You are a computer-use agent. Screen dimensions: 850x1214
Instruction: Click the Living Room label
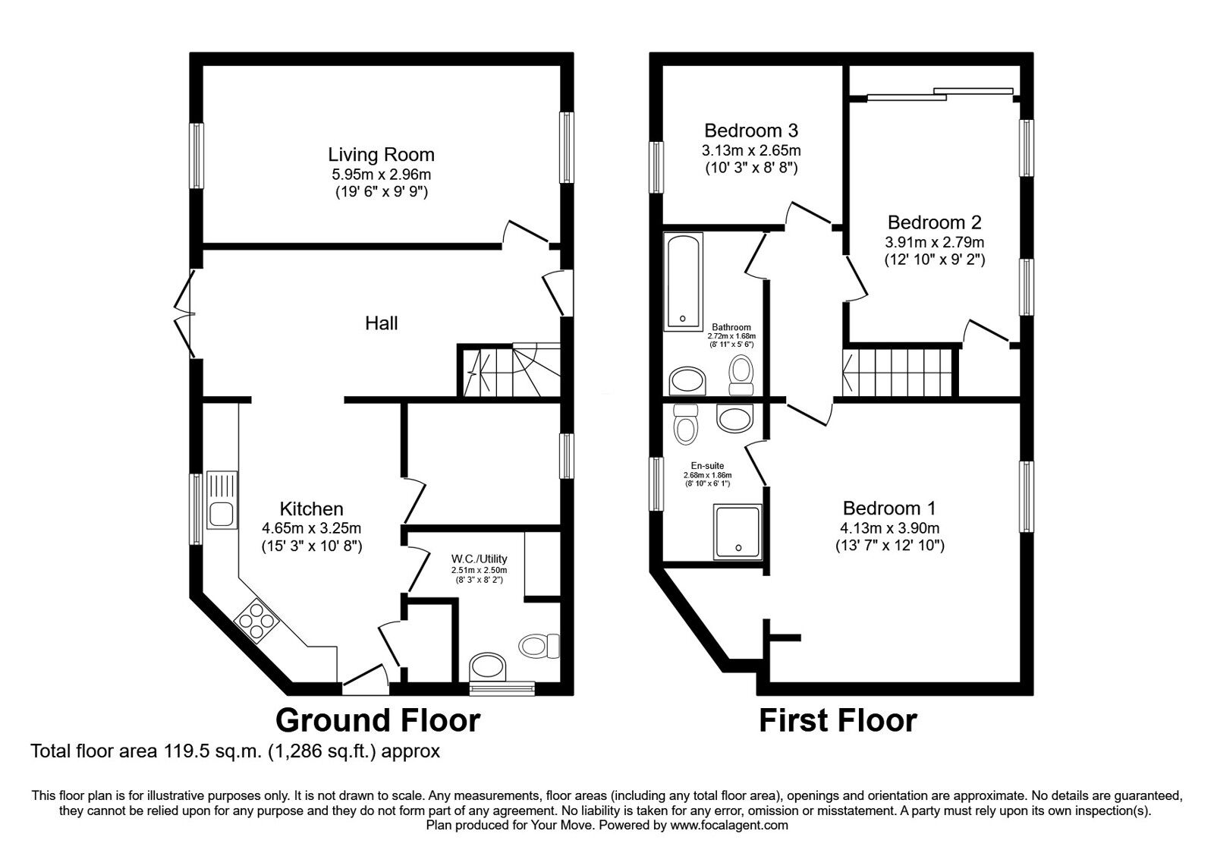click(381, 155)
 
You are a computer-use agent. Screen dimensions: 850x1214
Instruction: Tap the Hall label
click(381, 323)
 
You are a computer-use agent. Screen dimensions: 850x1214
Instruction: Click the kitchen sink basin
click(222, 514)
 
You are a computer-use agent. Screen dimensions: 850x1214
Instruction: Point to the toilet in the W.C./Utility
click(537, 646)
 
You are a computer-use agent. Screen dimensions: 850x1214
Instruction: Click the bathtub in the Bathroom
click(684, 282)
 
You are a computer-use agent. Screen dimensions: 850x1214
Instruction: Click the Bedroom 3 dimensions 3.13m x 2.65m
click(750, 150)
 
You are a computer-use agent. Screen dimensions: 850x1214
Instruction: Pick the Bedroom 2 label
click(934, 222)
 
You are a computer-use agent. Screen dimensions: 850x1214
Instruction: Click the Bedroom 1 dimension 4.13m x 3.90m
click(889, 528)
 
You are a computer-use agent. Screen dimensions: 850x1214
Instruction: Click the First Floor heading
click(838, 719)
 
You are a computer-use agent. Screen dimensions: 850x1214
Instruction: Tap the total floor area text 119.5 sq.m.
click(234, 751)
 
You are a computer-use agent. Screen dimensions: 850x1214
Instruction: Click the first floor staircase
click(897, 372)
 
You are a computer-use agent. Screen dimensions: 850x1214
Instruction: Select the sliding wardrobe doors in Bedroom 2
click(939, 94)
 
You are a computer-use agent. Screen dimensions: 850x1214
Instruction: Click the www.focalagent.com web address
click(729, 825)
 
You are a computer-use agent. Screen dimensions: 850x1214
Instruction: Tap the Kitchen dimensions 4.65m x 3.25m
click(311, 527)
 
